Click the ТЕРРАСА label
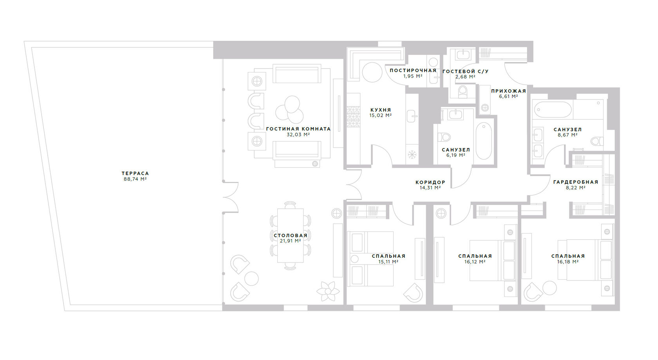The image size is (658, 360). click(135, 174)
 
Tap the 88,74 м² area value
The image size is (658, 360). click(135, 179)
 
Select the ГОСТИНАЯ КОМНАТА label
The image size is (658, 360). click(298, 129)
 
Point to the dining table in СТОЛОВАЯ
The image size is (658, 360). click(290, 235)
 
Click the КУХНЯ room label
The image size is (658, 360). click(381, 110)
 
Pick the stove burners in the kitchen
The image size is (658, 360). click(353, 117)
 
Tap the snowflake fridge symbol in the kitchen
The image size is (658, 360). click(412, 155)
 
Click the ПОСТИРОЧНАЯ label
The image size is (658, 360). click(413, 71)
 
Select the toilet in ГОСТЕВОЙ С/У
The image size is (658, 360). click(463, 91)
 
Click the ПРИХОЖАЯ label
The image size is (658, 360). click(508, 91)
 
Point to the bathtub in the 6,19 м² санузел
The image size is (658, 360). click(483, 141)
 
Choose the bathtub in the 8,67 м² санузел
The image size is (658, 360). click(553, 110)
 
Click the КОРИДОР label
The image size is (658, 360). click(430, 183)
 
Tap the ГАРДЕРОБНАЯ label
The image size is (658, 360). click(576, 182)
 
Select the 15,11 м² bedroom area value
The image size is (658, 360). click(389, 262)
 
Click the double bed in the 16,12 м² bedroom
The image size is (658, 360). click(493, 260)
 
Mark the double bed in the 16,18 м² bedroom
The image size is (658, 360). click(586, 260)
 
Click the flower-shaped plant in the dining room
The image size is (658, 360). click(328, 291)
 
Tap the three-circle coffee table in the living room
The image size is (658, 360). click(290, 110)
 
